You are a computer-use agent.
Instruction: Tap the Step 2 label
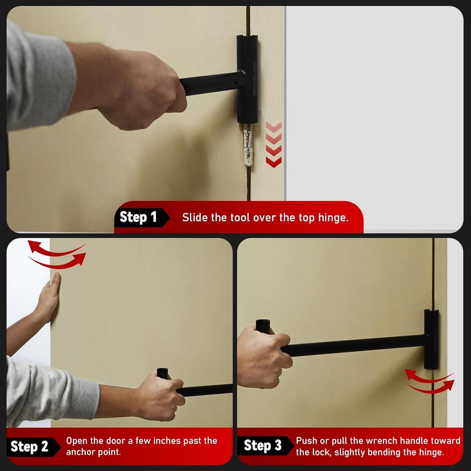29,446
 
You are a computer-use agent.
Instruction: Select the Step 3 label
262,445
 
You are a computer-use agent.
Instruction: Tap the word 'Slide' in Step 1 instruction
195,218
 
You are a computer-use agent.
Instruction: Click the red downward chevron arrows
274,144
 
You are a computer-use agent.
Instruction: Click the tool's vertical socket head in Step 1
247,79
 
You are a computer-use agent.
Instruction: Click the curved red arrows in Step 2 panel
57,254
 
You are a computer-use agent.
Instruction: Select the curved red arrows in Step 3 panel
430,381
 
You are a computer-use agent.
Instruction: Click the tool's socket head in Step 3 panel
431,339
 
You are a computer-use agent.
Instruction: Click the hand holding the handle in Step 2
161,396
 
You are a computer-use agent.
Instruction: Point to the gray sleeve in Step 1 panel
37,78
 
